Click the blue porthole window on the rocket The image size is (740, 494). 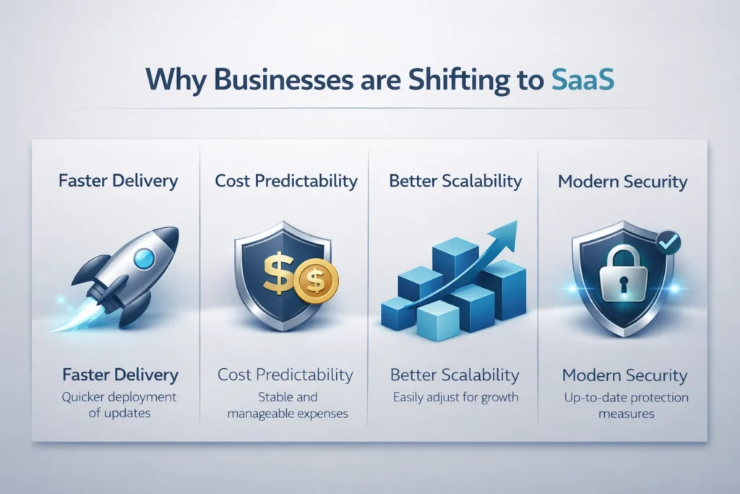[145, 258]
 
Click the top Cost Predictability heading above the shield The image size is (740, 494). [286, 181]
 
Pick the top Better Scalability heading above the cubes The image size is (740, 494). [455, 181]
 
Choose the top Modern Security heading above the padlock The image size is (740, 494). [623, 181]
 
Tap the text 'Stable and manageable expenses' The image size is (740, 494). [287, 406]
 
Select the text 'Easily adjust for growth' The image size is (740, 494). [455, 397]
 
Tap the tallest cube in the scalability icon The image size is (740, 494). [456, 257]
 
